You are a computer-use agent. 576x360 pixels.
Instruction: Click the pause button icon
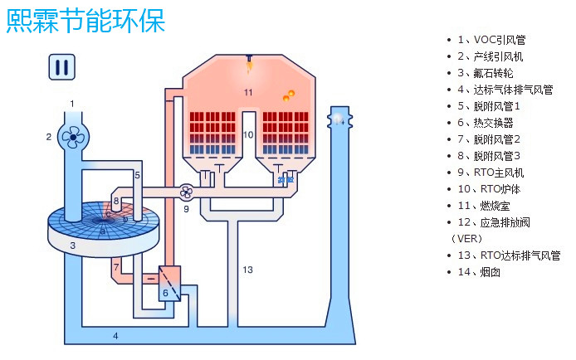pyautogui.click(x=61, y=67)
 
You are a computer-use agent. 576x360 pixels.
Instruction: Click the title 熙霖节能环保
pyautogui.click(x=85, y=20)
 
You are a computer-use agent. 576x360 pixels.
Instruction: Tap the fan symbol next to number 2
pyautogui.click(x=73, y=137)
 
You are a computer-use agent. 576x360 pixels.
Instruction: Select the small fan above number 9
pyautogui.click(x=187, y=192)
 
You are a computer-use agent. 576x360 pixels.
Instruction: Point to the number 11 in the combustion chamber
pyautogui.click(x=247, y=91)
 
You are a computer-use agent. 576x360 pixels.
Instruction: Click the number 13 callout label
pyautogui.click(x=247, y=270)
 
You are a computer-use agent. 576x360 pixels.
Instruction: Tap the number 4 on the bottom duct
pyautogui.click(x=115, y=336)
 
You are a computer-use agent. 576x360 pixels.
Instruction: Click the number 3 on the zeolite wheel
pyautogui.click(x=72, y=246)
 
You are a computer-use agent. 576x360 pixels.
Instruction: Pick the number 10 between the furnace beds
pyautogui.click(x=247, y=134)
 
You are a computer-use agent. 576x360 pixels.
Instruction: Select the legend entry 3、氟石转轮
pyautogui.click(x=491, y=73)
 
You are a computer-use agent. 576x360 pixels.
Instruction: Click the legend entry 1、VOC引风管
pyautogui.click(x=495, y=40)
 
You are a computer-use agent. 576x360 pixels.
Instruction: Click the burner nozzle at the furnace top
pyautogui.click(x=247, y=60)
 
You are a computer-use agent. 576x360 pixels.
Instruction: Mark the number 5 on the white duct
pyautogui.click(x=138, y=176)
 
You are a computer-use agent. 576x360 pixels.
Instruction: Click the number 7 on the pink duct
pyautogui.click(x=116, y=267)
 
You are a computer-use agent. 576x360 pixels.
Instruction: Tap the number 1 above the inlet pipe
pyautogui.click(x=72, y=104)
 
